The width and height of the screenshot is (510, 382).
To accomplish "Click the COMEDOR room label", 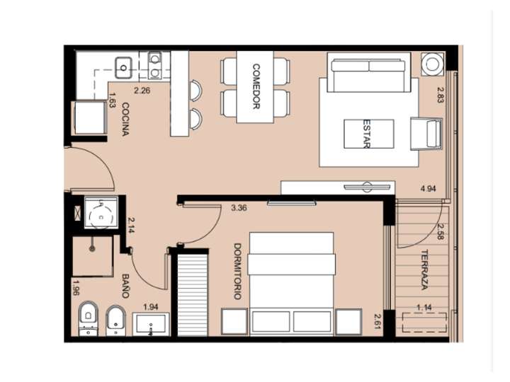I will pyautogui.click(x=257, y=87).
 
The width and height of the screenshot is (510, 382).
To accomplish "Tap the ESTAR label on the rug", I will pyautogui.click(x=367, y=133).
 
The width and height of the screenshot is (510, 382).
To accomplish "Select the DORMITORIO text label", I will pyautogui.click(x=237, y=271).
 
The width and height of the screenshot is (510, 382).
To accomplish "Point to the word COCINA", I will pyautogui.click(x=125, y=119).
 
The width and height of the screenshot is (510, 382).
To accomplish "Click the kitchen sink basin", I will pyautogui.click(x=125, y=69).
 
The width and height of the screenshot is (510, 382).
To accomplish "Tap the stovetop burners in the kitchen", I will pyautogui.click(x=154, y=64).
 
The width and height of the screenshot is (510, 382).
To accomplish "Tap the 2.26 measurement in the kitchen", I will pyautogui.click(x=142, y=90).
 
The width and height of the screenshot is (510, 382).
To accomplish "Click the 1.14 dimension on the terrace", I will pyautogui.click(x=424, y=306).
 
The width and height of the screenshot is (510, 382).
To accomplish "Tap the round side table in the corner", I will pyautogui.click(x=431, y=64).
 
